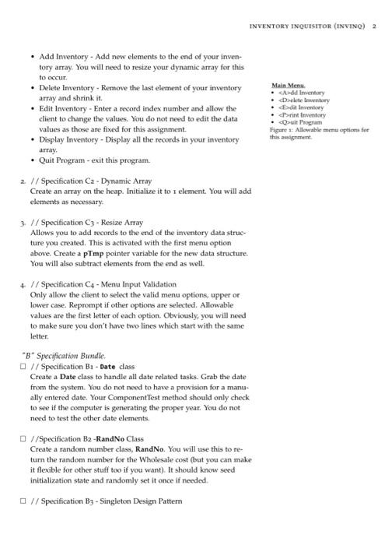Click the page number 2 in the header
tap(374, 25)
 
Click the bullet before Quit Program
tap(32, 160)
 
